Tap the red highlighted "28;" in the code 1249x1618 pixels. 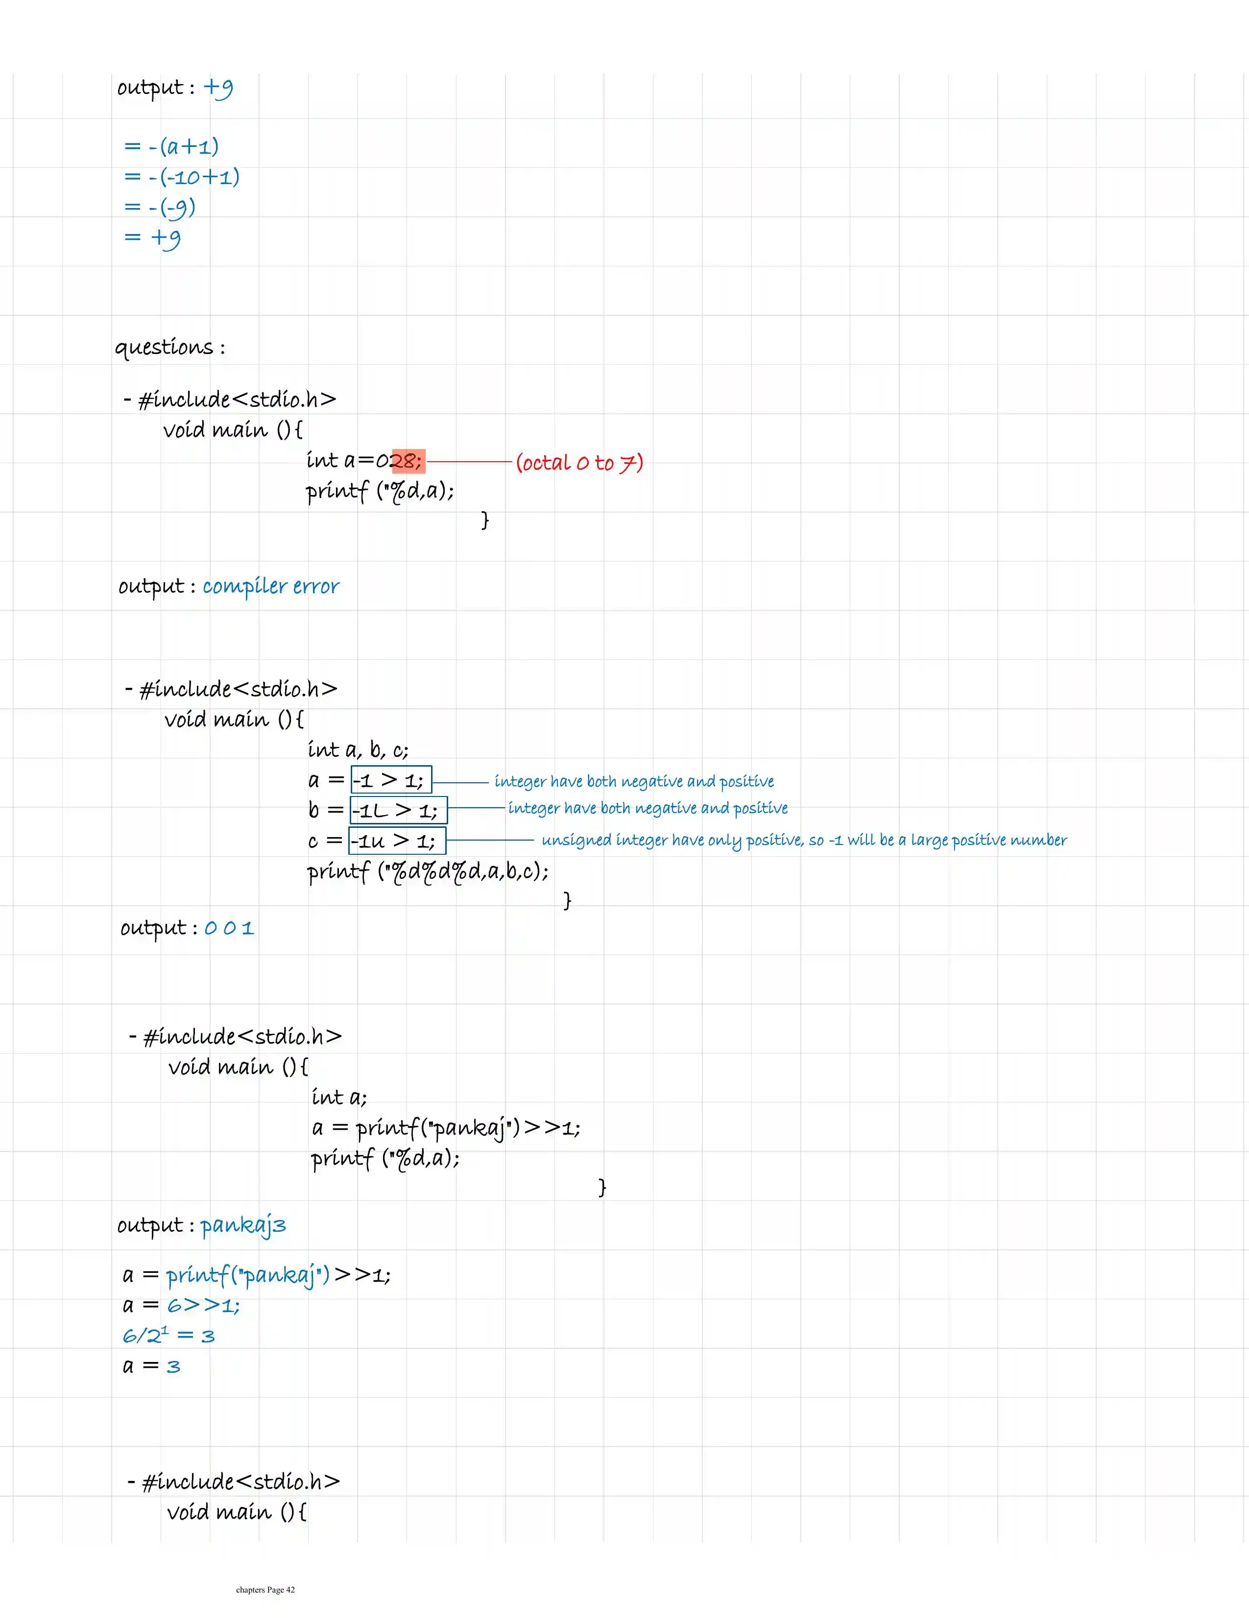(x=407, y=461)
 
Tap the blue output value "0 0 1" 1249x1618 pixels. (x=229, y=928)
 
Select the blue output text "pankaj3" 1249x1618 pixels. (x=242, y=1225)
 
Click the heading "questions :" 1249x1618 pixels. (x=170, y=348)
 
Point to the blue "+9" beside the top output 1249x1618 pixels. (x=218, y=88)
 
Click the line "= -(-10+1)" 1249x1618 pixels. (x=182, y=177)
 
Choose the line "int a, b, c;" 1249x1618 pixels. (x=358, y=750)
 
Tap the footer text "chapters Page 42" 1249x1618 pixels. (x=265, y=1589)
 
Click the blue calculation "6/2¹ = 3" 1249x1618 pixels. (x=168, y=1336)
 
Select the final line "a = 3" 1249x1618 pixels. (x=151, y=1366)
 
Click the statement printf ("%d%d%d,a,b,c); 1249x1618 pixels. (x=428, y=871)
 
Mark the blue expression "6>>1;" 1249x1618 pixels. (x=203, y=1305)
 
